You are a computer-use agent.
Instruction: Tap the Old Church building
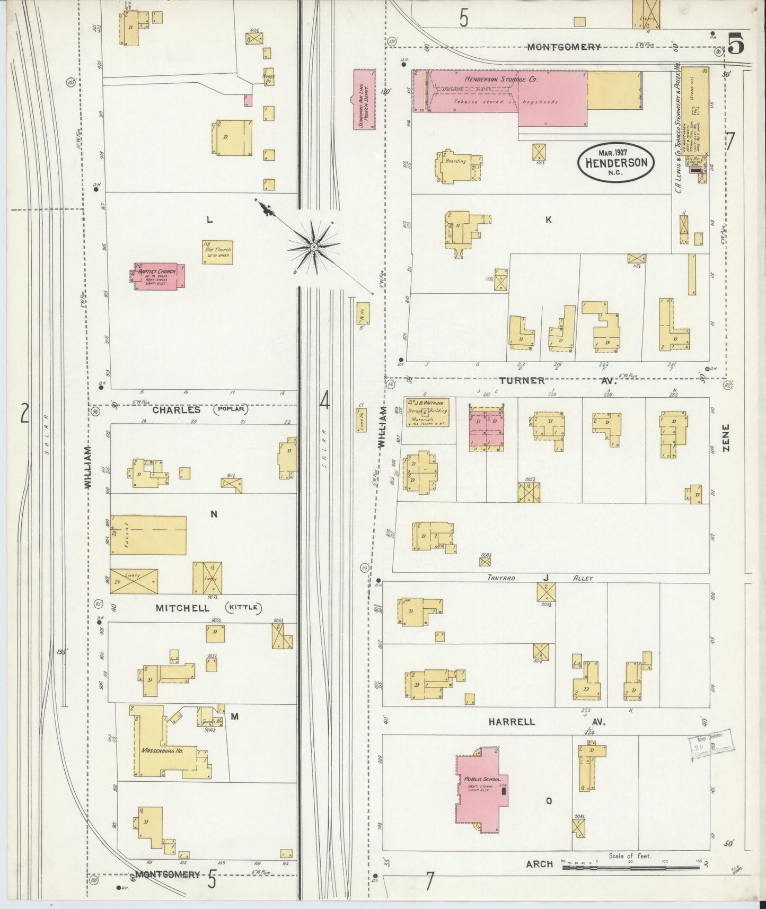tap(217, 252)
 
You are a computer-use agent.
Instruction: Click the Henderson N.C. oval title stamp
tap(616, 163)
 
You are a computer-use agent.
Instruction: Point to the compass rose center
tap(314, 247)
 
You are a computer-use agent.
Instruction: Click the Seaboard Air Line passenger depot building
tap(364, 99)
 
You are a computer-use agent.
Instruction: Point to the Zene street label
tap(726, 438)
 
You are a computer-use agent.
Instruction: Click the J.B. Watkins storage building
tap(428, 412)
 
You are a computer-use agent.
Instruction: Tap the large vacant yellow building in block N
tap(148, 535)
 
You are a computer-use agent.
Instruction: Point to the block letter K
tap(549, 220)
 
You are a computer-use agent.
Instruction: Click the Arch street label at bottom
tap(539, 864)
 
